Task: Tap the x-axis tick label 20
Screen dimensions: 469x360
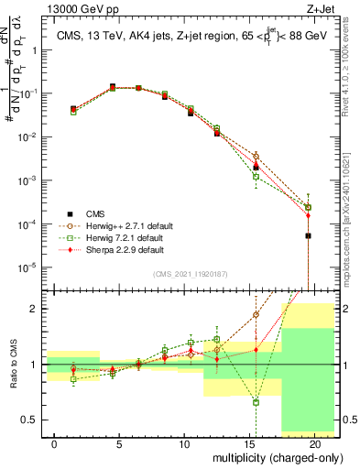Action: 313,443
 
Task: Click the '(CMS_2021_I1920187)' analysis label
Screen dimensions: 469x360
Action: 190,274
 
